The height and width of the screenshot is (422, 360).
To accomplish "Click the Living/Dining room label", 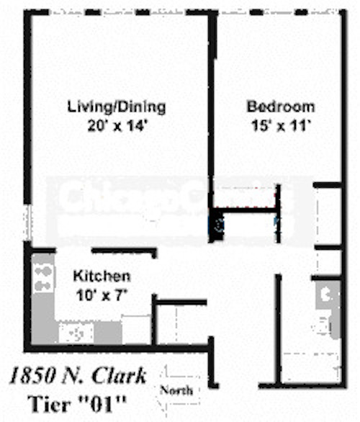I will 116,107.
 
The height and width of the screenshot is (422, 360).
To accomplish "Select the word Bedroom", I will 280,107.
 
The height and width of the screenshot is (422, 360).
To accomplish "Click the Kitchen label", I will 102,276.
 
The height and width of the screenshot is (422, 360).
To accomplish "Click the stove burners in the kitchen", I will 44,277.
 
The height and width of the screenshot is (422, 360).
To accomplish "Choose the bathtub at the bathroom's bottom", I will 310,367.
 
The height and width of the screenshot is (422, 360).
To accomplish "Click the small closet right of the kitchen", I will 180,324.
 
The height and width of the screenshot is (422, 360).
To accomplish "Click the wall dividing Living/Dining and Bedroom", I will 212,108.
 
